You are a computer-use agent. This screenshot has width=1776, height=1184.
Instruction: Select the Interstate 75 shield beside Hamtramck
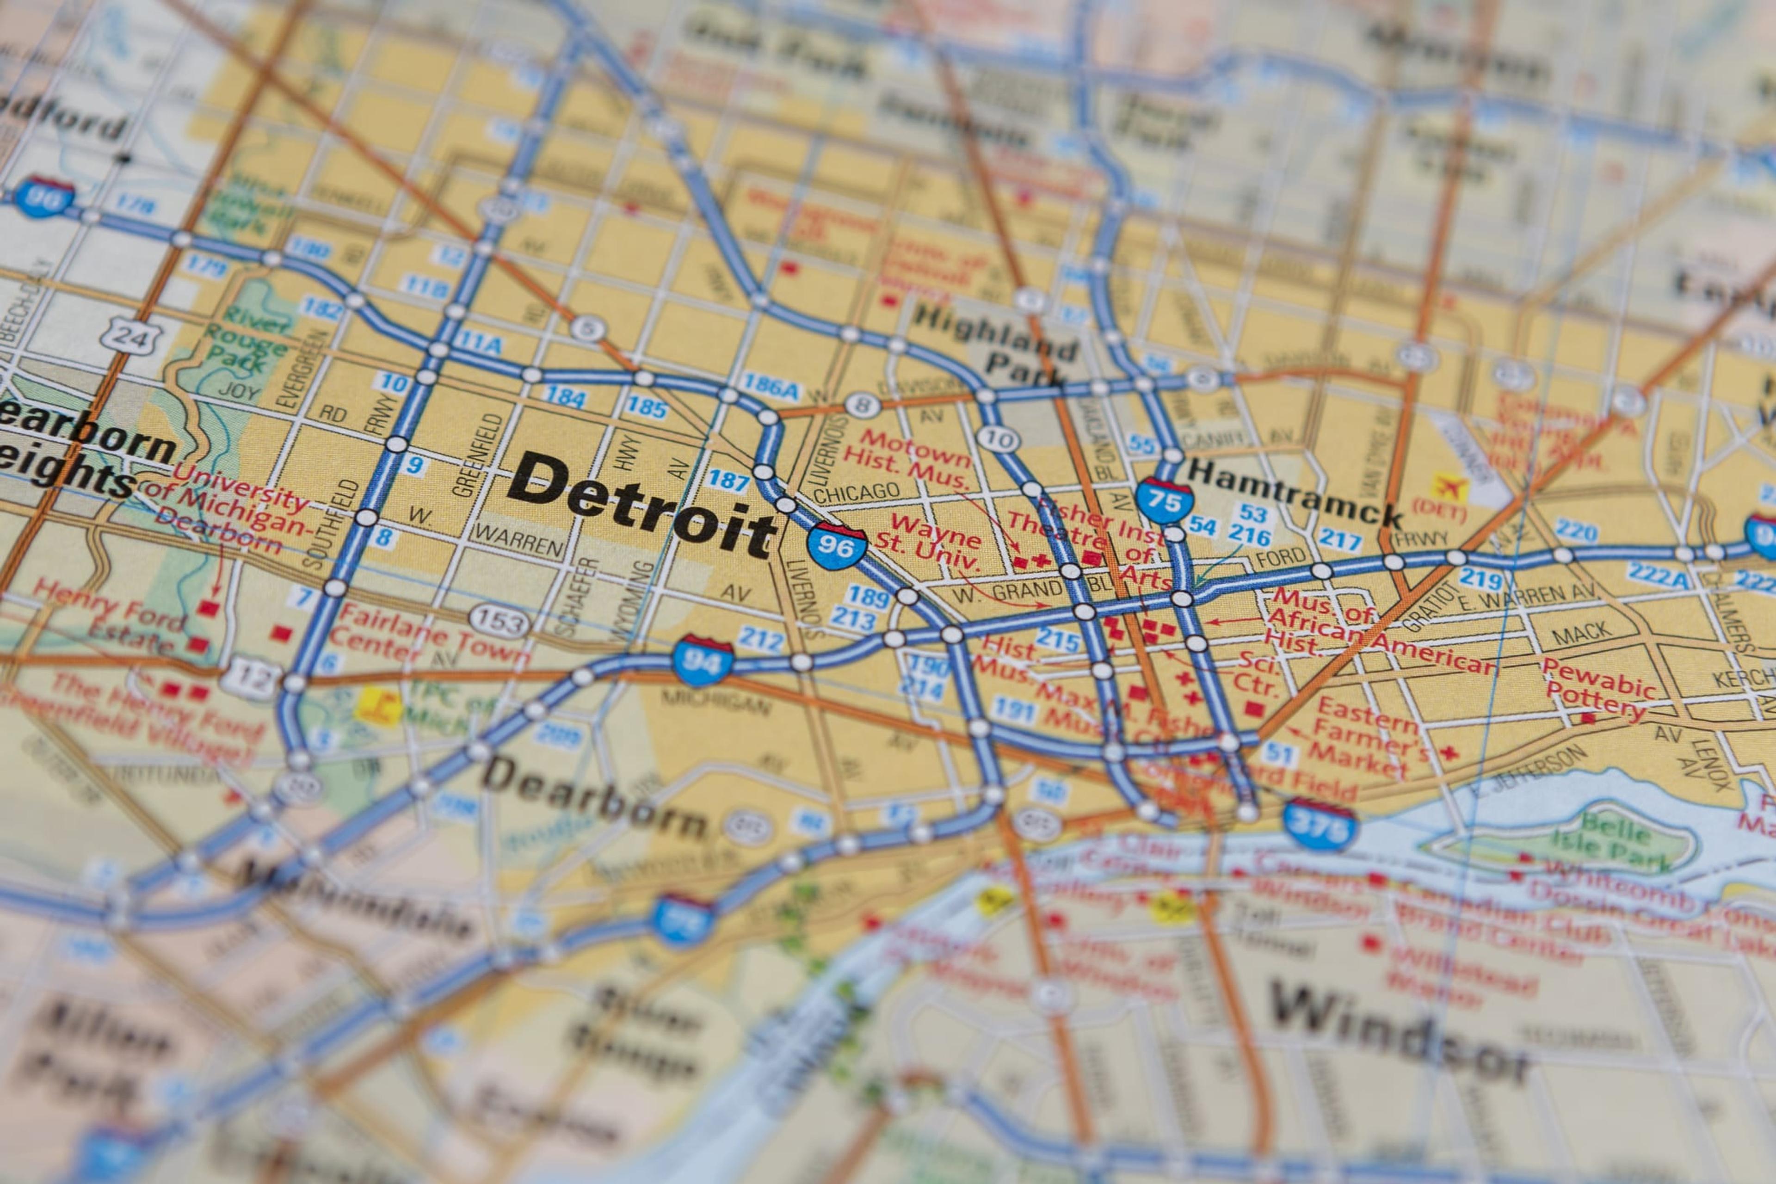tap(1164, 499)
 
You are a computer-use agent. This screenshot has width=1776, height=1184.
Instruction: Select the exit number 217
tap(1339, 539)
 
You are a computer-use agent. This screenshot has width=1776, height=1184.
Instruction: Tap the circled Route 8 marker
tap(862, 406)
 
